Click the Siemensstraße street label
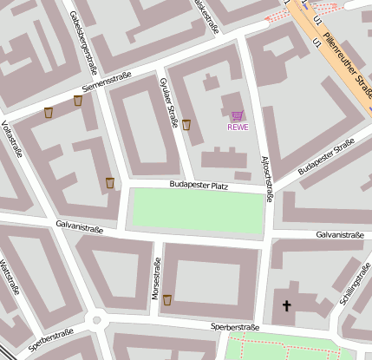[x=107, y=82]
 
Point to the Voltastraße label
[x=13, y=139]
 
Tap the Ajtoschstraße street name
[x=267, y=180]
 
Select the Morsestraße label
[x=157, y=279]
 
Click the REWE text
[x=238, y=128]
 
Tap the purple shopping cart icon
[x=238, y=115]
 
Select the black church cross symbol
[x=287, y=305]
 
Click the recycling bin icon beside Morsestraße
[x=167, y=300]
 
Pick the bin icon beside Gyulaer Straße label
[x=186, y=124]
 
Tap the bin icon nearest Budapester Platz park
[x=110, y=182]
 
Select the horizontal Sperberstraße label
[x=235, y=327]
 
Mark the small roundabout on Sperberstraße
[x=98, y=321]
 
